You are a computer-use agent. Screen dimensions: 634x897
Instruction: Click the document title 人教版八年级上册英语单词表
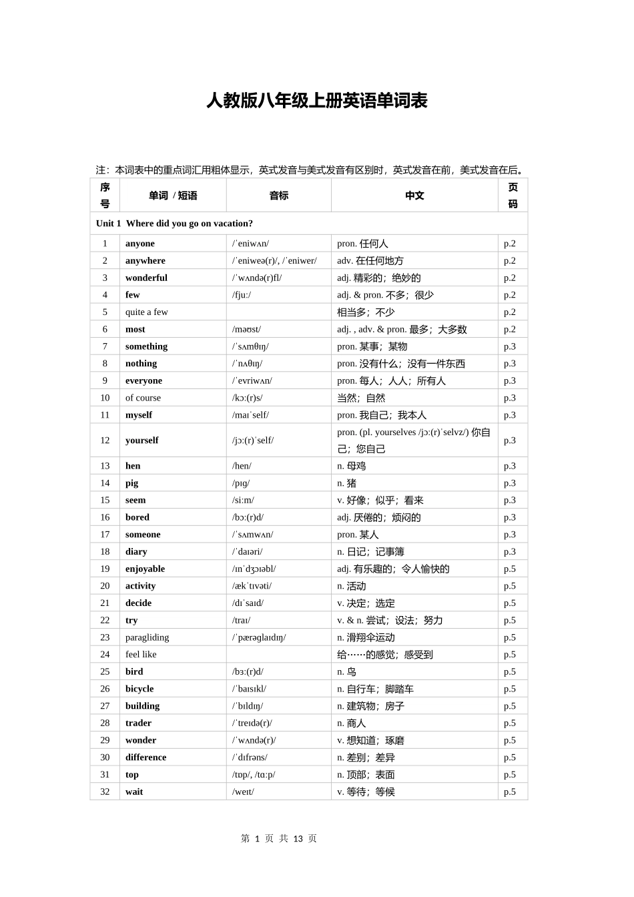316,101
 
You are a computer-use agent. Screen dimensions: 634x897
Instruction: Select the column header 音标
279,196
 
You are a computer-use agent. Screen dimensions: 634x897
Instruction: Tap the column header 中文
414,196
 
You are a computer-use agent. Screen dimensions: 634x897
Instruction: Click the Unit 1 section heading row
175,224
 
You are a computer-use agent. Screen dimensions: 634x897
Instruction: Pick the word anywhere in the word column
145,261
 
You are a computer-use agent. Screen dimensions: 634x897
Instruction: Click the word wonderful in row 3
146,278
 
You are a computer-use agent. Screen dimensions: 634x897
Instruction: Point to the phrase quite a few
147,312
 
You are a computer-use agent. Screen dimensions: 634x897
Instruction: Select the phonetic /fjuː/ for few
242,295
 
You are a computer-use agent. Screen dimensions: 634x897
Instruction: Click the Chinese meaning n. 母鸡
352,466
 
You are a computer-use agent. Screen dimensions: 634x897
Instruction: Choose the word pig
132,483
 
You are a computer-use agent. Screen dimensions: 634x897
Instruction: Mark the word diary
136,552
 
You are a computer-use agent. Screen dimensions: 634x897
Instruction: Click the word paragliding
147,637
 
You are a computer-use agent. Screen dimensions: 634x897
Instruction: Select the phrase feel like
141,655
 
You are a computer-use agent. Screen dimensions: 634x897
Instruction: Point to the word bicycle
139,689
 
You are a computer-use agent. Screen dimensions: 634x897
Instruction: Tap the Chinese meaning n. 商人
352,723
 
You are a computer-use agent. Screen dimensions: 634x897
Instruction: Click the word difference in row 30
146,758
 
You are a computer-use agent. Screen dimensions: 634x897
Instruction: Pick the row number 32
105,792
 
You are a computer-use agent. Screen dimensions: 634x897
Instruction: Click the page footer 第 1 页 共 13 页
279,839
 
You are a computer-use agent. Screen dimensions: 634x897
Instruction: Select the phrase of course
143,398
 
